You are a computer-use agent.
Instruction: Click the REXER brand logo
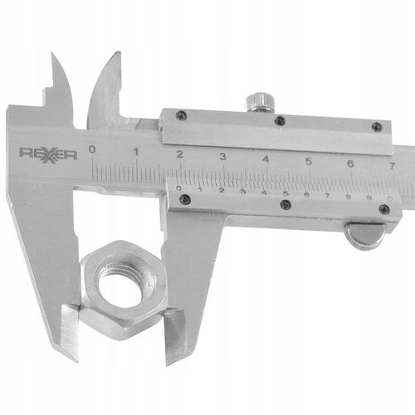pos(47,153)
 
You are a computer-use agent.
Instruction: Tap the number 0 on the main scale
pos(91,149)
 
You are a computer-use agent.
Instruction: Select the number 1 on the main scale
pos(136,152)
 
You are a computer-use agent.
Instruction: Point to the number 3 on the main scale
pos(223,155)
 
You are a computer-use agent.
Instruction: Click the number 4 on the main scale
pos(266,158)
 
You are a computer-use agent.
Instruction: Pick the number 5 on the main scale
pos(309,161)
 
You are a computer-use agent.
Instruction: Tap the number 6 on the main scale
pos(351,164)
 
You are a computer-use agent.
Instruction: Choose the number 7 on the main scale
pos(393,166)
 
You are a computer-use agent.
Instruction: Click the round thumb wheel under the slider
pos(365,237)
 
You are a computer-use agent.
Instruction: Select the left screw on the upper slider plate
pos(181,116)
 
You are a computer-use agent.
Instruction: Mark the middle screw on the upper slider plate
pos(280,121)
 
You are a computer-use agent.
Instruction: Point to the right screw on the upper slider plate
pos(377,127)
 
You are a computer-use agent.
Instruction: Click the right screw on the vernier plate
pos(383,209)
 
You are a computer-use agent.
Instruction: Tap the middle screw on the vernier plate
pos(286,204)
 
